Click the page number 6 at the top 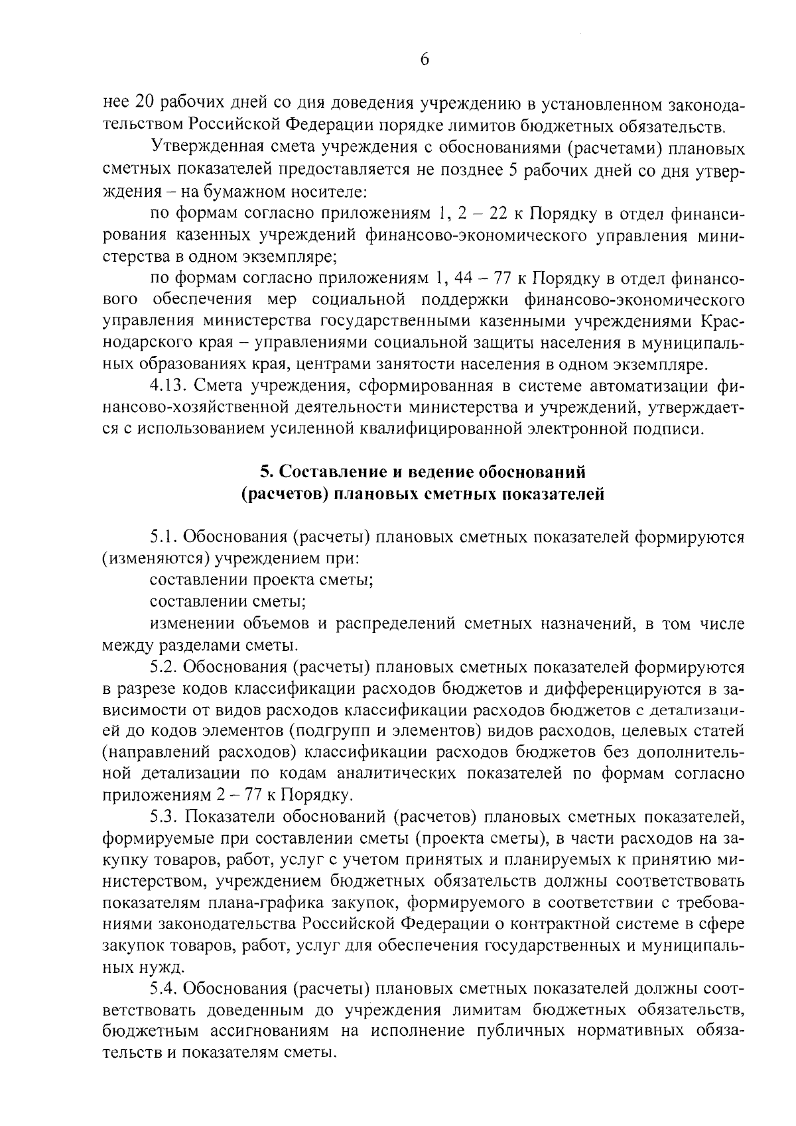425,60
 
